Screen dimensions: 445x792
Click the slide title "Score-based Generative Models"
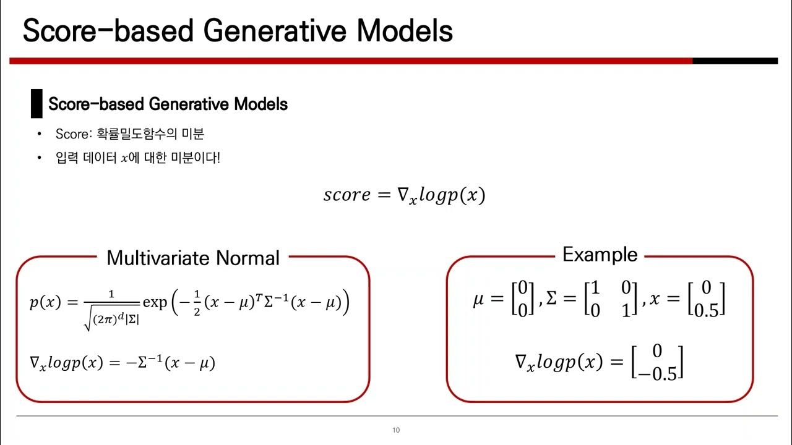238,31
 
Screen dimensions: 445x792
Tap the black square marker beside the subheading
37,104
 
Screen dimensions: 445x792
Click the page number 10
396,430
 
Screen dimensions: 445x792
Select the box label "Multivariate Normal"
193,258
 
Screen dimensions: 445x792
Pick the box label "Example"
600,255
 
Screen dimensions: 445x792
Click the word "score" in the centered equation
346,195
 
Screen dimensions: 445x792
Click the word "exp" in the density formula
155,302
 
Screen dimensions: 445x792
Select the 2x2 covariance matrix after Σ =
610,299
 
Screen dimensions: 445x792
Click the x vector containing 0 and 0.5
706,299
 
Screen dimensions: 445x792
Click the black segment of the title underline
734,61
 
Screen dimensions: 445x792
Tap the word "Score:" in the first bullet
75,134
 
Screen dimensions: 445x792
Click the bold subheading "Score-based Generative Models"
168,104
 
